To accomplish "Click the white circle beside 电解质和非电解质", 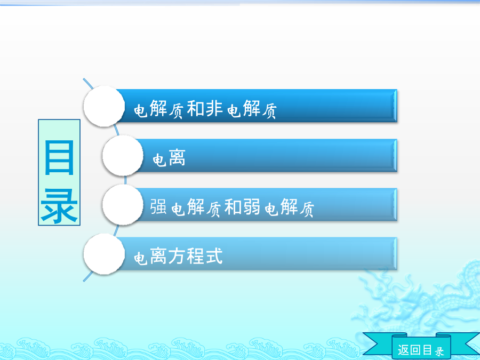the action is [104, 106].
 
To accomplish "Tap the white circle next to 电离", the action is [123, 156].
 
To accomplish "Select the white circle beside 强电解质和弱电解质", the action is [123, 204].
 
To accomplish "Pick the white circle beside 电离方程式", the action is [104, 254].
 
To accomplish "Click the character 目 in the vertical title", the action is [59, 157].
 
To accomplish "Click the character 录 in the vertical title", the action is [59, 206].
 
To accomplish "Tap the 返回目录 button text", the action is [421, 349].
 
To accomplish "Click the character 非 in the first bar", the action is [214, 108].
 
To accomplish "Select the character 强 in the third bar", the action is [158, 206].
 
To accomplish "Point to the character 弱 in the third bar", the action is [252, 206].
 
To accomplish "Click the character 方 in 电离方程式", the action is [177, 256].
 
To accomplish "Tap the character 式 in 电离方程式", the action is [214, 256].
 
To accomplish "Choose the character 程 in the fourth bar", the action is [195, 256].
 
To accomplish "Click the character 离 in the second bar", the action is [177, 158].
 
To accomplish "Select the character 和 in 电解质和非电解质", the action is [195, 108].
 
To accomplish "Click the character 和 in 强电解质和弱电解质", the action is [233, 206].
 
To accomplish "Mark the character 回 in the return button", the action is [415, 349].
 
